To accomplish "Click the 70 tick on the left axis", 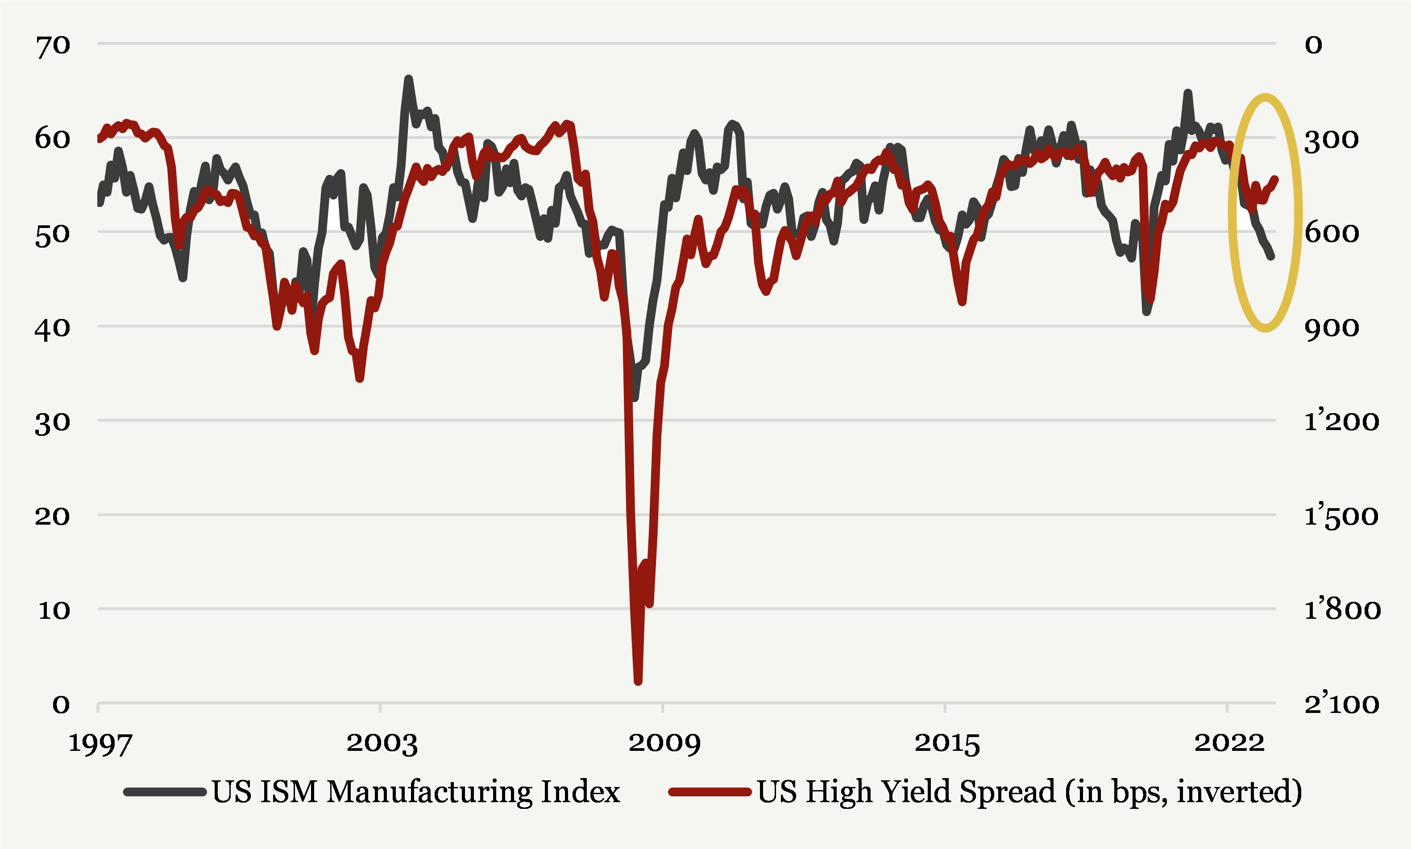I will click(x=53, y=45).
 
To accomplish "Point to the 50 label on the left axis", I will click(x=53, y=234).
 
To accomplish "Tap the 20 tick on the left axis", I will click(x=53, y=517).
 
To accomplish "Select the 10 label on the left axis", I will click(x=54, y=610).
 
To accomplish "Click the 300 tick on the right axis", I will click(x=1331, y=140).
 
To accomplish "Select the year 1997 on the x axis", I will click(x=100, y=744).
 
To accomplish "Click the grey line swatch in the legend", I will click(x=165, y=792).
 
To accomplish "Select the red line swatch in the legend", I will click(x=710, y=792).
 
